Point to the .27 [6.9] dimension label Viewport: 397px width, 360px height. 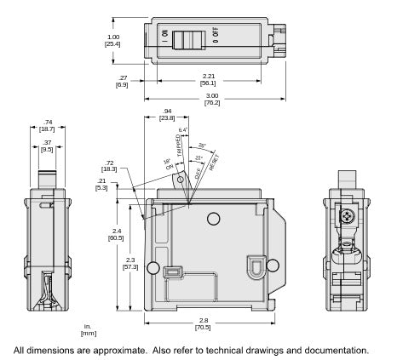tap(122, 83)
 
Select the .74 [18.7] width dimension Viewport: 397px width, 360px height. tap(47, 126)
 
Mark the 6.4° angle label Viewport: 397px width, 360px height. tap(181, 129)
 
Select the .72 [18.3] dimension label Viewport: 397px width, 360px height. tap(110, 165)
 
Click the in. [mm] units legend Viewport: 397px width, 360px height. tap(89, 329)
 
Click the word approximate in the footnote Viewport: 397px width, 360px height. tap(129, 350)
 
